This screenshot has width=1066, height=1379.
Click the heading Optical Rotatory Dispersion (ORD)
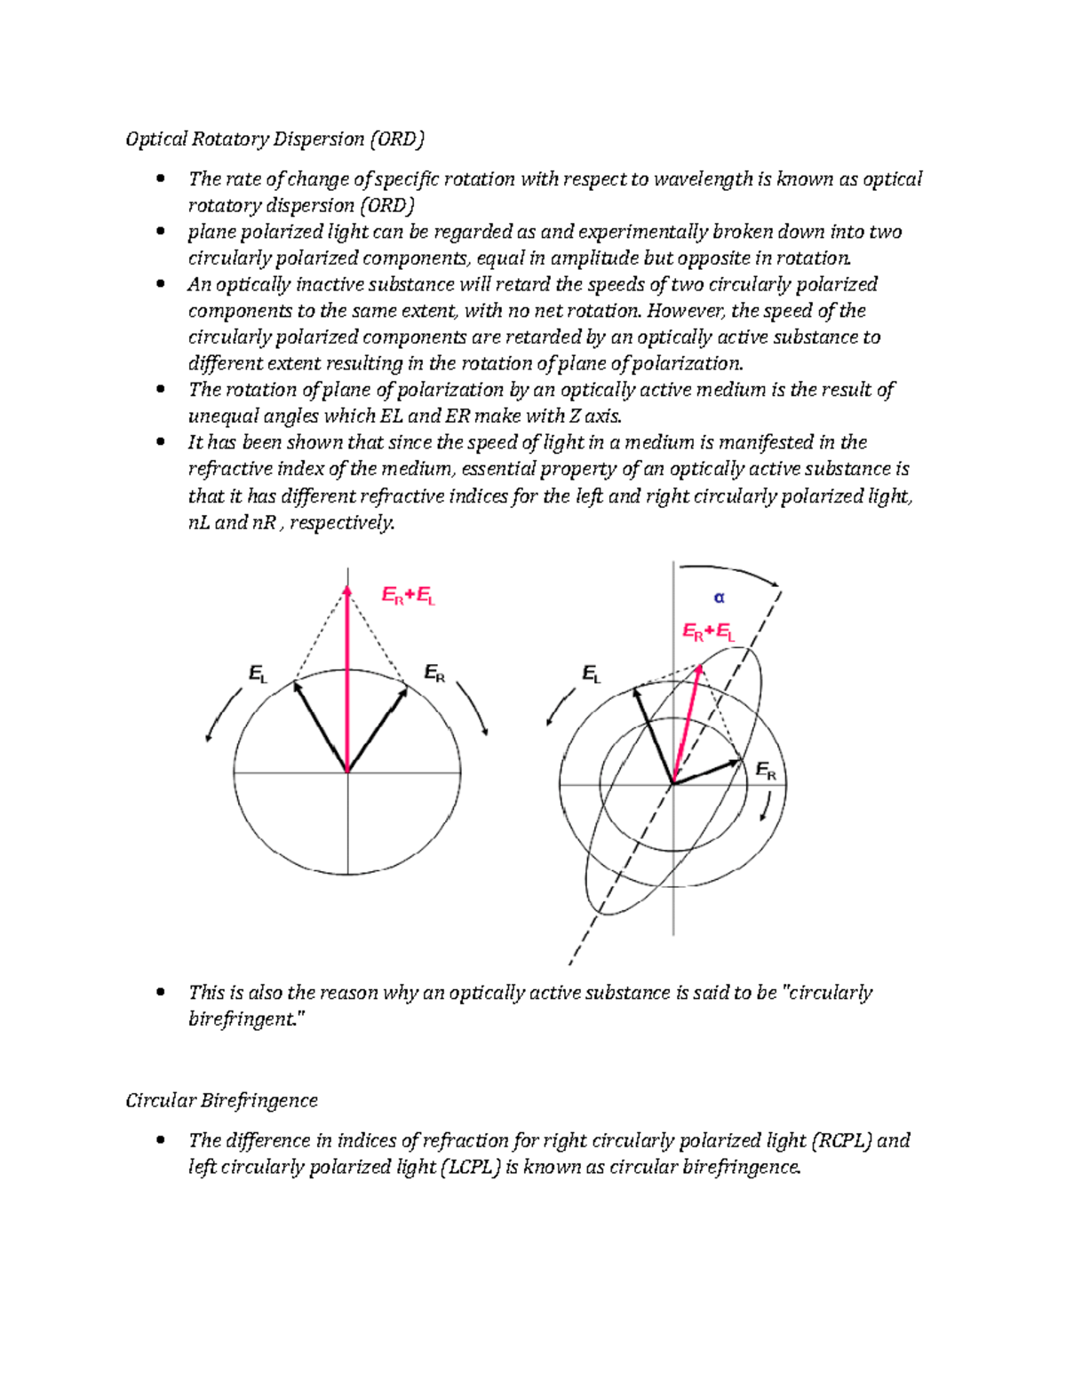[274, 139]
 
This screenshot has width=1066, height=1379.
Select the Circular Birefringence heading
[221, 1101]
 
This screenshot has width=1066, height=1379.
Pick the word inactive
[349, 285]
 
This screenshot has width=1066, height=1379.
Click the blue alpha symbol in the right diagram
[720, 598]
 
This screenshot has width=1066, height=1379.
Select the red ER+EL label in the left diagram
[408, 596]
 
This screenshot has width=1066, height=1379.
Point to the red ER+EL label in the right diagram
[708, 632]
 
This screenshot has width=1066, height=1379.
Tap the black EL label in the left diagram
[258, 676]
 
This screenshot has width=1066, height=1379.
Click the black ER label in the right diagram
[765, 771]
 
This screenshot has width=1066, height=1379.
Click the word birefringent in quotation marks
[243, 1020]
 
